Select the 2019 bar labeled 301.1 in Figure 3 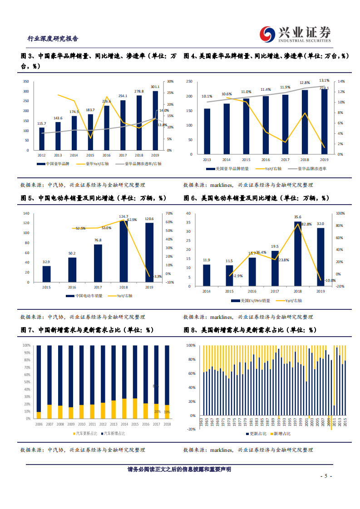(x=155, y=121)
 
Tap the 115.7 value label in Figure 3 (x=42, y=123)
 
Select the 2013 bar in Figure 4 (x=207, y=132)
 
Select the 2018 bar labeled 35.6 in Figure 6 (x=298, y=254)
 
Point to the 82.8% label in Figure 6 (x=306, y=224)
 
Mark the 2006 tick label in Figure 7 (x=39, y=424)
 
